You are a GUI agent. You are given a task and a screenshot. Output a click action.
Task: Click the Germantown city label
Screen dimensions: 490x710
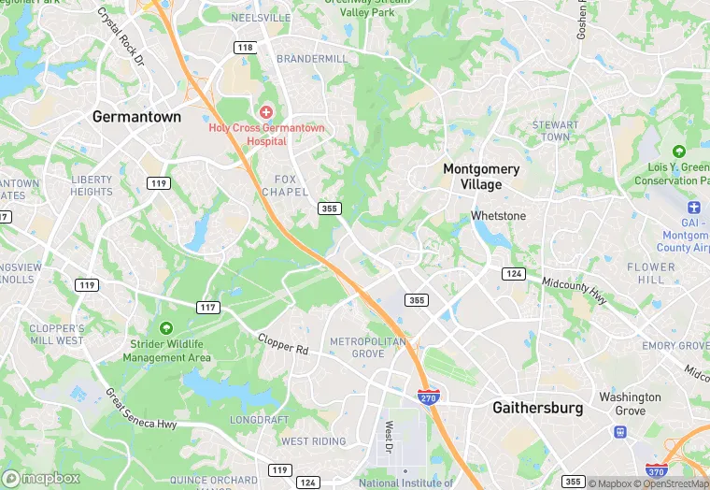pyautogui.click(x=136, y=117)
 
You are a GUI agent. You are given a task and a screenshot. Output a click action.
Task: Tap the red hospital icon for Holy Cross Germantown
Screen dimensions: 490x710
pyautogui.click(x=266, y=112)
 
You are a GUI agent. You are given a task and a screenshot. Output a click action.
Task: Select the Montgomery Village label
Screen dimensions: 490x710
pyautogui.click(x=480, y=177)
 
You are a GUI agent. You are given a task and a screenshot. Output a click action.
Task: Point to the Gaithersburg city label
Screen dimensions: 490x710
pyautogui.click(x=537, y=408)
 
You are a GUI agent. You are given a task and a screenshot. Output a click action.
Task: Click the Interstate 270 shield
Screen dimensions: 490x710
pyautogui.click(x=429, y=396)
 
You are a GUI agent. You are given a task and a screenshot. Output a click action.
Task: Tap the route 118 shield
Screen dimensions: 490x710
pyautogui.click(x=245, y=48)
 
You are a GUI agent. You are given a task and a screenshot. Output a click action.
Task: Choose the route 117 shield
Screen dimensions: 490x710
pyautogui.click(x=207, y=307)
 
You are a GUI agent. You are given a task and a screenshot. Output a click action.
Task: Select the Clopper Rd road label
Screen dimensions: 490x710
pyautogui.click(x=282, y=345)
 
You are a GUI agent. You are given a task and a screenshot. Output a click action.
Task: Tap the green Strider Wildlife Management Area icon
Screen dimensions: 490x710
pyautogui.click(x=166, y=328)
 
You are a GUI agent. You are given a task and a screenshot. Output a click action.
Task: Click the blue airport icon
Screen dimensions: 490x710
pyautogui.click(x=693, y=207)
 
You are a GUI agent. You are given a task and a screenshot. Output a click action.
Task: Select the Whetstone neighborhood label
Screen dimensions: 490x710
pyautogui.click(x=498, y=216)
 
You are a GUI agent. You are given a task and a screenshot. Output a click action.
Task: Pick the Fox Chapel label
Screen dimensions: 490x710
pyautogui.click(x=291, y=185)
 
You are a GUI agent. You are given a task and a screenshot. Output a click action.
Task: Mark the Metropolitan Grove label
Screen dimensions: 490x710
pyautogui.click(x=368, y=347)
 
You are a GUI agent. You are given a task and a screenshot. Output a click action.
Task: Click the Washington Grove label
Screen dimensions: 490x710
pyautogui.click(x=630, y=403)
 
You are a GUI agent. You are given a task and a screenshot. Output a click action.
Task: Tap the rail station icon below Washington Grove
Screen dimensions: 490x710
pyautogui.click(x=618, y=432)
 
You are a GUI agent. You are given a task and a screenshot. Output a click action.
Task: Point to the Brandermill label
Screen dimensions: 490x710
pyautogui.click(x=312, y=58)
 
